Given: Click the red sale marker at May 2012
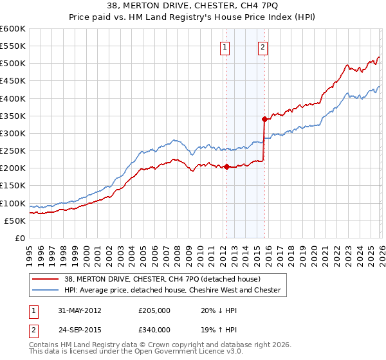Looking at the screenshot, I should pos(226,166).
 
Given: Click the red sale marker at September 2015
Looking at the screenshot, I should pos(264,119).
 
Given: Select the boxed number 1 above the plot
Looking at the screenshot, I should pos(226,46).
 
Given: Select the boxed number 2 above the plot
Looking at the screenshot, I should pos(264,46).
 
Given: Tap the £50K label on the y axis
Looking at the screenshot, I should pos(15,221).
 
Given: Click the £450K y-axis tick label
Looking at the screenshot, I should pos(13,81).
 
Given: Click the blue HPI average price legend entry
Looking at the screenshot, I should pos(172,290).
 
